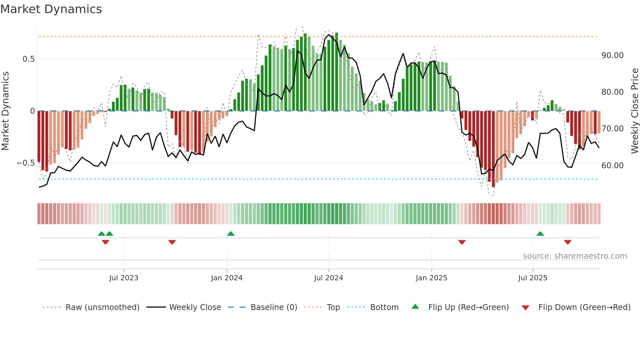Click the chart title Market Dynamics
51,9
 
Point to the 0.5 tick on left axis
28,59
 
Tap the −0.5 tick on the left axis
25,163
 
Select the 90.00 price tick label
612,56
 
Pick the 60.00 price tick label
612,166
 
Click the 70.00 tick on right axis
612,129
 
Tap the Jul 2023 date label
124,278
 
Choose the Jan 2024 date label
227,278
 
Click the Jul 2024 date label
328,278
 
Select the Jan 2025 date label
431,278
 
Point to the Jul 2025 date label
533,278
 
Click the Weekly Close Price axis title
634,111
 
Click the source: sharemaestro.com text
575,256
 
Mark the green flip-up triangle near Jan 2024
231,234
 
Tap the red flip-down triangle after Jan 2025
462,242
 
